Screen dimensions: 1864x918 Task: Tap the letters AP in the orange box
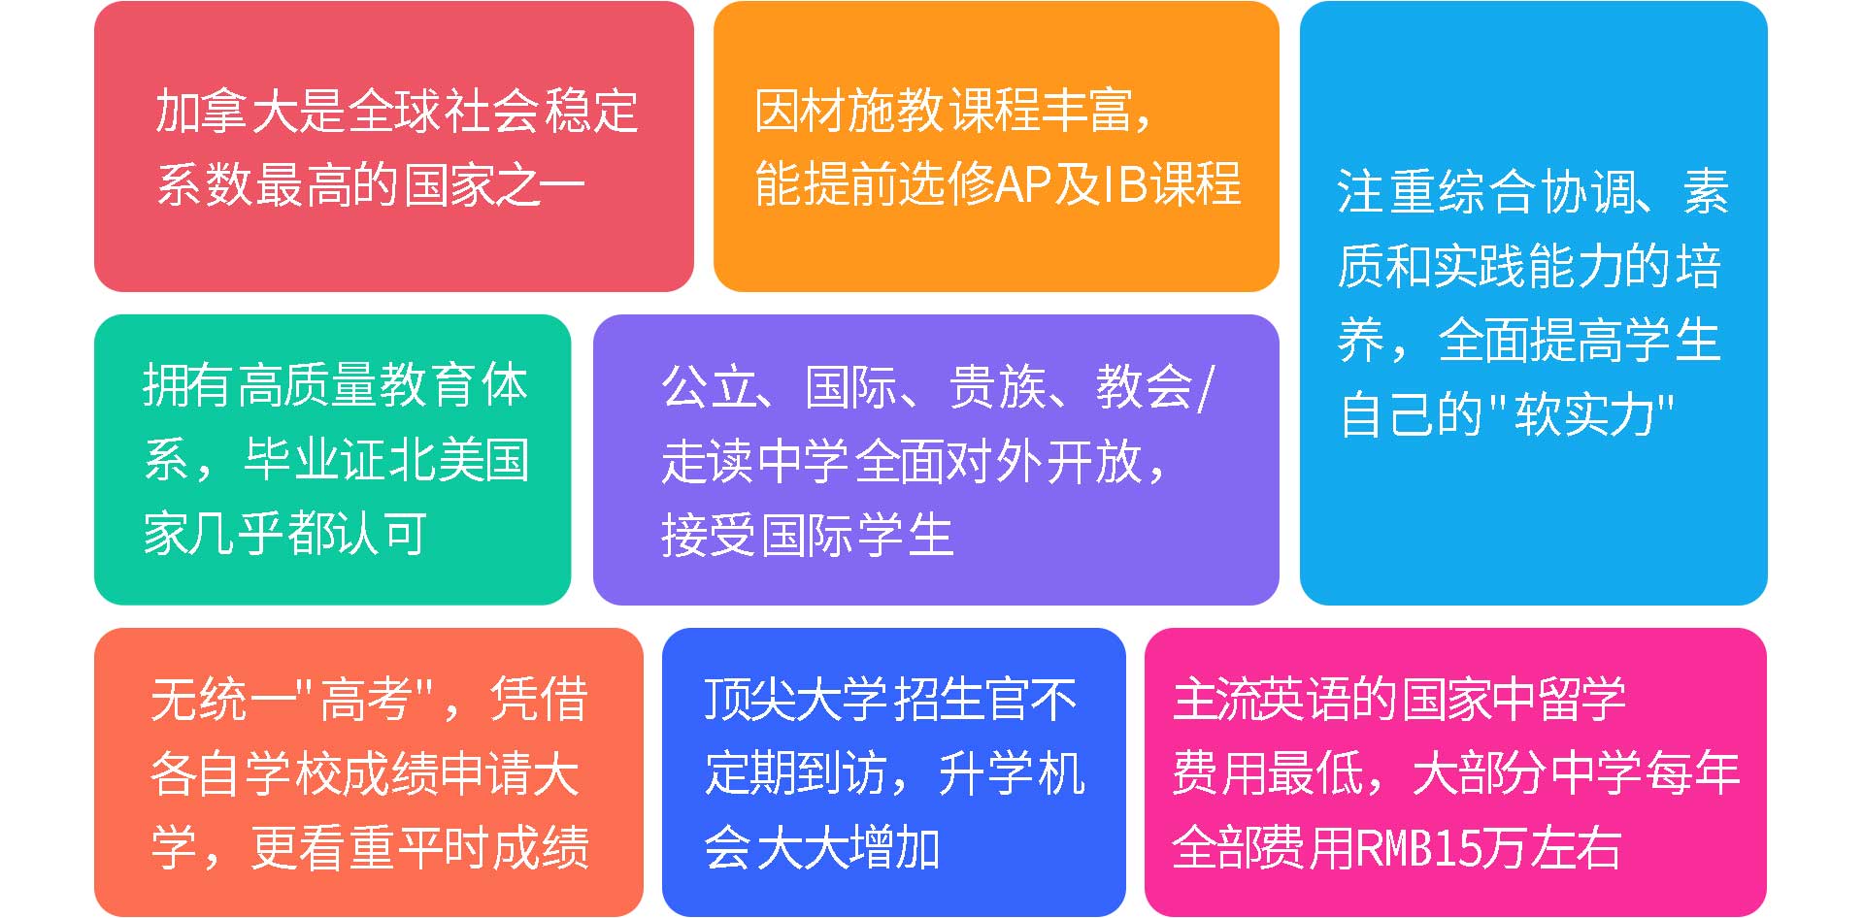[x=1025, y=183]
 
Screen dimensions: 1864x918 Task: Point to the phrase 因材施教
[x=849, y=111]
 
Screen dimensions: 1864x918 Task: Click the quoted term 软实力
[x=1584, y=414]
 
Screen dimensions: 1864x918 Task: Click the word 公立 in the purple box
[x=710, y=387]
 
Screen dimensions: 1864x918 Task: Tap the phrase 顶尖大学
[x=796, y=699]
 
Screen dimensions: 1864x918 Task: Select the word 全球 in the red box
[x=393, y=111]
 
